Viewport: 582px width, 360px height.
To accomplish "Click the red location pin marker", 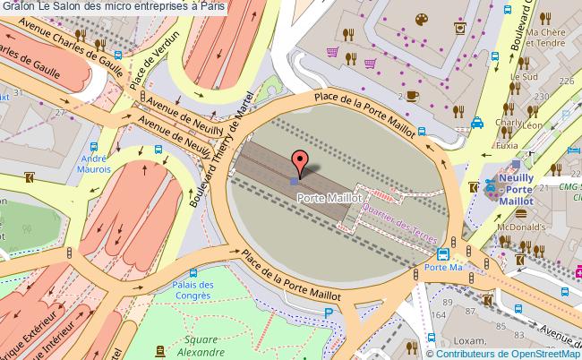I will [300, 163].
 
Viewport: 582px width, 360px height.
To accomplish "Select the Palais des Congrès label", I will [193, 291].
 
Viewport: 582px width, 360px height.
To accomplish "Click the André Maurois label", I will [94, 162].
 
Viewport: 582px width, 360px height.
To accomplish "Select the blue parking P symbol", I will [329, 313].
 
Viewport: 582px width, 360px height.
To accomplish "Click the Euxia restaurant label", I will [507, 144].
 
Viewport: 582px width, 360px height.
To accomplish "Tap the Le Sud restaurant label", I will [522, 76].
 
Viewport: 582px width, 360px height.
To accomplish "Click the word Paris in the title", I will [211, 5].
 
